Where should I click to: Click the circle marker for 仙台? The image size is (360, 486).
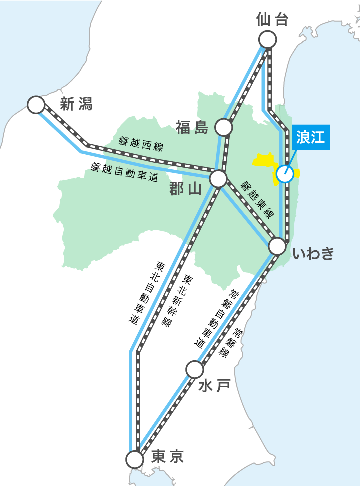click(268, 39)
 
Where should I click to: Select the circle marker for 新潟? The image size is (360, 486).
click(36, 105)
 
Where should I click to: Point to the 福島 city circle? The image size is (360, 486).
click(223, 127)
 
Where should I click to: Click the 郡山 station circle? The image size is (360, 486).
click(218, 178)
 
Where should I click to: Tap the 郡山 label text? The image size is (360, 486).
click(185, 189)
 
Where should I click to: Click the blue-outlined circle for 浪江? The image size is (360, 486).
click(285, 174)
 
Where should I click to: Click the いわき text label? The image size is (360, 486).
click(313, 254)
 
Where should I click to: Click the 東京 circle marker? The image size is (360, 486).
click(134, 459)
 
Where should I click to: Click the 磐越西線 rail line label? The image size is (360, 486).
click(141, 144)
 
